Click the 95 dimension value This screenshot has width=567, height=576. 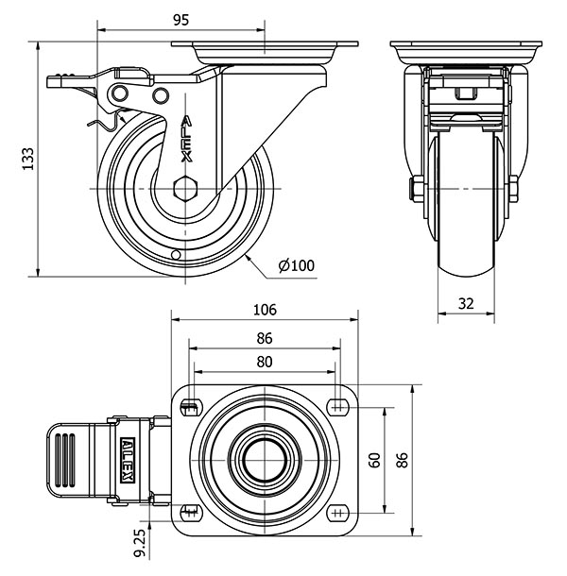[x=180, y=20]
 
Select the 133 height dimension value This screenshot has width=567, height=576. [x=28, y=159]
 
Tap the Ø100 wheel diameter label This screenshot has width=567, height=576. [x=297, y=265]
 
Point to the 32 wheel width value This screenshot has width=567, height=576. [x=466, y=303]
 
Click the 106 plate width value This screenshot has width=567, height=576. [x=265, y=310]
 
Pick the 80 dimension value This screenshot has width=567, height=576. [x=265, y=362]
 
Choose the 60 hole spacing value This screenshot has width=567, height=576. [x=374, y=460]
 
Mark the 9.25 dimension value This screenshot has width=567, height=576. [x=140, y=543]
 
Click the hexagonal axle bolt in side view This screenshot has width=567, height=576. [x=185, y=189]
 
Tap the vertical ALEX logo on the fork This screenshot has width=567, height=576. [x=187, y=139]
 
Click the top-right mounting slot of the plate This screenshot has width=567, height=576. [x=338, y=407]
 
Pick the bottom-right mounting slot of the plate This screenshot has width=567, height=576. [x=338, y=513]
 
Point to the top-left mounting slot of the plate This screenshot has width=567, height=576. [x=191, y=407]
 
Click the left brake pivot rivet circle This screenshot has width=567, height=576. [x=120, y=93]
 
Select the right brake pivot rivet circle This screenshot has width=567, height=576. [x=161, y=95]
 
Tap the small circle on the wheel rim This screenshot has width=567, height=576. [x=176, y=255]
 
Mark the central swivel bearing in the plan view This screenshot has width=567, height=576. [x=265, y=460]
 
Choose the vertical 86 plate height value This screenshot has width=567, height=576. [x=403, y=460]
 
